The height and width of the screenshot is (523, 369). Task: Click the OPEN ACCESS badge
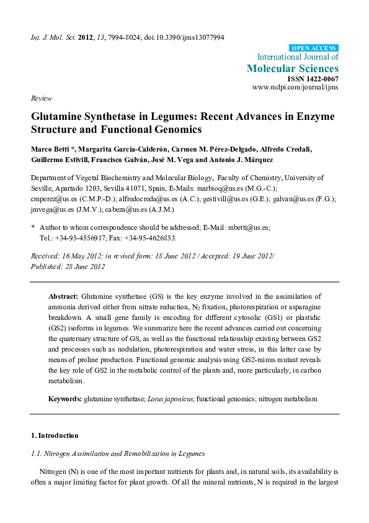click(314, 48)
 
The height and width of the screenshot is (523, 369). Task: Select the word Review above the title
click(41, 98)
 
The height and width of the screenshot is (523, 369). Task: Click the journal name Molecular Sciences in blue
click(293, 68)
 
